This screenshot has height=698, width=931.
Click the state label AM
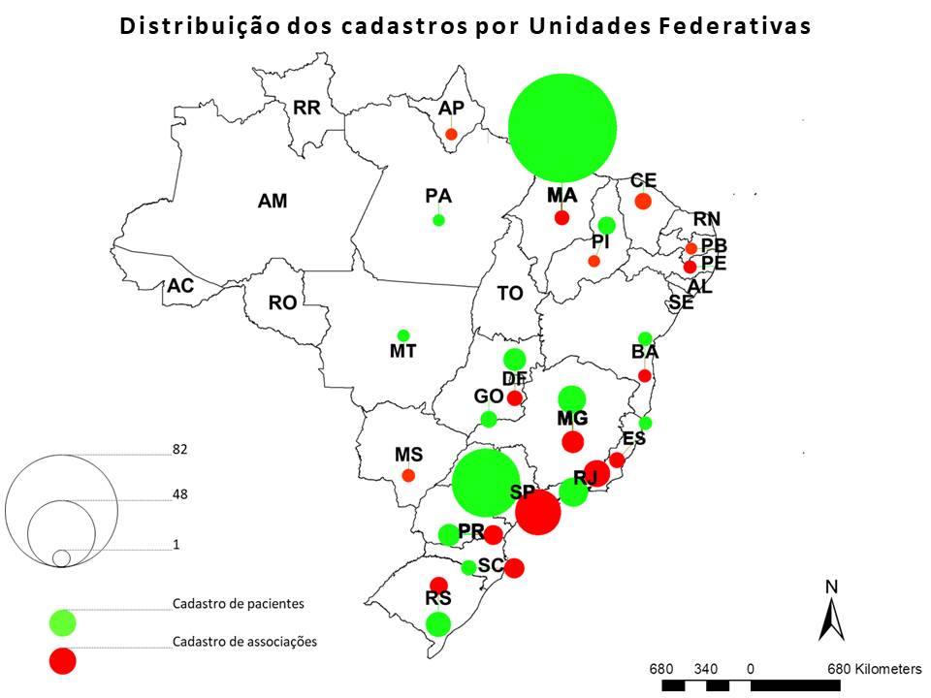coord(272,202)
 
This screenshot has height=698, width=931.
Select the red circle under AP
coord(451,134)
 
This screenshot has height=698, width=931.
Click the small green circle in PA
coord(438,220)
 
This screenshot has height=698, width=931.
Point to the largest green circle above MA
coord(562,127)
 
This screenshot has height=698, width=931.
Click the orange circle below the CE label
coord(642,201)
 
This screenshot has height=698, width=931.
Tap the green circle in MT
coord(403,335)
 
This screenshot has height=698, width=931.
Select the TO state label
coord(510,293)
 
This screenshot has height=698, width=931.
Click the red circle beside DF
coord(515,397)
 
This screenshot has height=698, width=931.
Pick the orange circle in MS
coord(408,475)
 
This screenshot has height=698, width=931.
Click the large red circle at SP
coord(538,512)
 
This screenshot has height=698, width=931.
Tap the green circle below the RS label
coord(438,623)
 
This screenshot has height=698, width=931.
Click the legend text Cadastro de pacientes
coord(238,603)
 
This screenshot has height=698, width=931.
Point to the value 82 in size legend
coord(179,450)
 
